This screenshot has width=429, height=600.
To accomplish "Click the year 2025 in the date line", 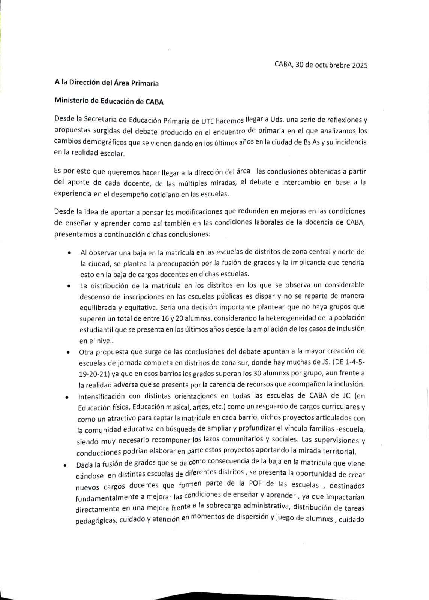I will pyautogui.click(x=360, y=65).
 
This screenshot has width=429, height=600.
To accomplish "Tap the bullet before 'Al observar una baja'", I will pyautogui.click(x=69, y=253).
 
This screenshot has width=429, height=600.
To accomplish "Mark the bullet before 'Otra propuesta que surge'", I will pyautogui.click(x=68, y=352).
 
